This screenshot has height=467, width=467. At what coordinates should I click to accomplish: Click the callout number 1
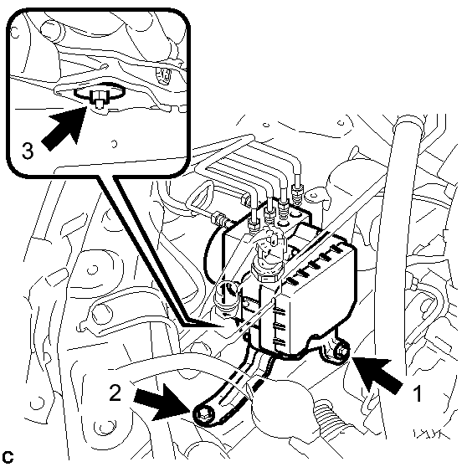[418, 393]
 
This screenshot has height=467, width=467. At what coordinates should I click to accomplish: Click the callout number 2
[115, 393]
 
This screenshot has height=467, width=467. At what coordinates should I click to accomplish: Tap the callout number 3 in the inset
[28, 151]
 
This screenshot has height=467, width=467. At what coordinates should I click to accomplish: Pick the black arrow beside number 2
[162, 402]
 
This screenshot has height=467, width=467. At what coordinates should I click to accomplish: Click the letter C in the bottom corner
[8, 457]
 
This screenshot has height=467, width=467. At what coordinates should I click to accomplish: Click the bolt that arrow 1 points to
[341, 352]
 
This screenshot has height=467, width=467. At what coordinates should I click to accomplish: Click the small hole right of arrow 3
[114, 144]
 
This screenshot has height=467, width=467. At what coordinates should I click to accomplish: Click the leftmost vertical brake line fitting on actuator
[254, 224]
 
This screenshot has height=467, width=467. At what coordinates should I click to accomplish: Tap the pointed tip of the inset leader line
[223, 326]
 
